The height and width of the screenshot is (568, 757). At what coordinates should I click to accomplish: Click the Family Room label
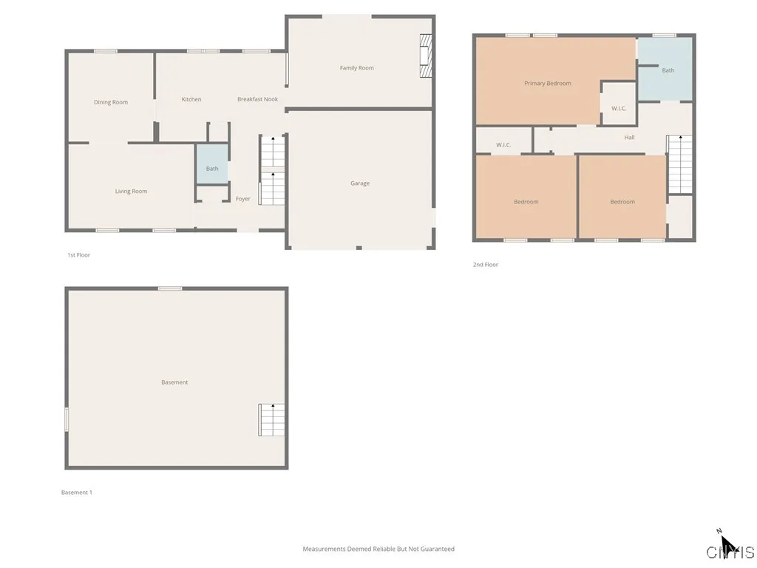[x=356, y=68]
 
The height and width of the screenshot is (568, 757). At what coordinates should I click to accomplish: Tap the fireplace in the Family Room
[x=425, y=55]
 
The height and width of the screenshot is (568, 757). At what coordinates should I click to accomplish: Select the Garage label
[x=360, y=183]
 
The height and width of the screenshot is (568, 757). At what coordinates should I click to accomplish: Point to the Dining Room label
[x=111, y=103]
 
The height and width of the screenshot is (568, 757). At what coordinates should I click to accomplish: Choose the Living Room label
[x=131, y=192]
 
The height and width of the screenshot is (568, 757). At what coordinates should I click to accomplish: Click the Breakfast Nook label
[x=257, y=99]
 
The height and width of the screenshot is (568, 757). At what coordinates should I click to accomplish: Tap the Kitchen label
[x=191, y=99]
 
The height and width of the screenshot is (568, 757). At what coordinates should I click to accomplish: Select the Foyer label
[x=242, y=199]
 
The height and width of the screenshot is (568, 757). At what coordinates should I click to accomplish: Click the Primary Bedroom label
[x=548, y=84]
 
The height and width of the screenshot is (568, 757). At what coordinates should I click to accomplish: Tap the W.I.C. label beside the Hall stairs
[x=619, y=109]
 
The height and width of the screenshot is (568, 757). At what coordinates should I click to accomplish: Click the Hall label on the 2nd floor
[x=629, y=138]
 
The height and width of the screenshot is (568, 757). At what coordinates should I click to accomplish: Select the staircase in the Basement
[x=271, y=419]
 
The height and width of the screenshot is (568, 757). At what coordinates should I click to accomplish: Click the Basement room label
[x=174, y=382]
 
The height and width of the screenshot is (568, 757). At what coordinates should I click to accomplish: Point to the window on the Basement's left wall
[x=67, y=419]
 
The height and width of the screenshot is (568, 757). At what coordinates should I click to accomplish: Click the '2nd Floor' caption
[x=486, y=265]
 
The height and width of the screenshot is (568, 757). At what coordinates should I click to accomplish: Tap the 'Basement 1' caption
[x=77, y=493]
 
